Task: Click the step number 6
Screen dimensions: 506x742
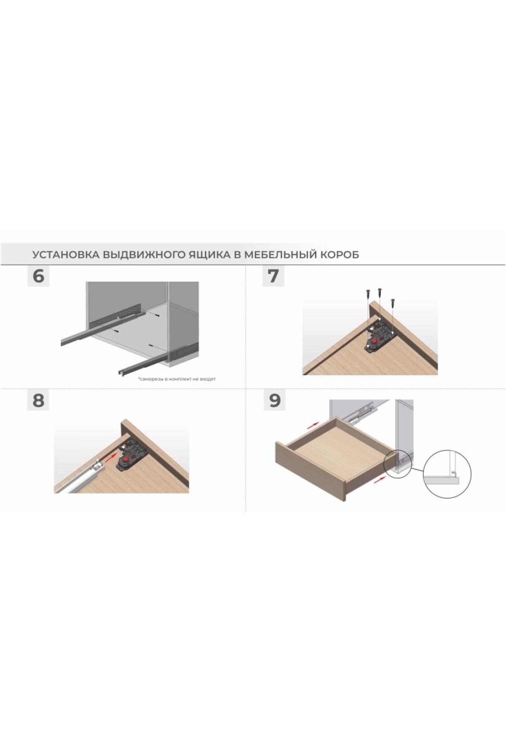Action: tap(38, 277)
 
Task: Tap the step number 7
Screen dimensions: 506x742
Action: tap(273, 277)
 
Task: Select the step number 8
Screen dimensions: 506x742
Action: tap(38, 400)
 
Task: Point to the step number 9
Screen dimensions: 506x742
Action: tap(275, 400)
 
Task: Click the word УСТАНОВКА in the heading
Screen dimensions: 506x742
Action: tap(66, 255)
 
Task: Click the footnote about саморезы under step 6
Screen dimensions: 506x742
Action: tap(177, 379)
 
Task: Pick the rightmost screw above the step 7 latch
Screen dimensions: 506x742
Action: tap(393, 302)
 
